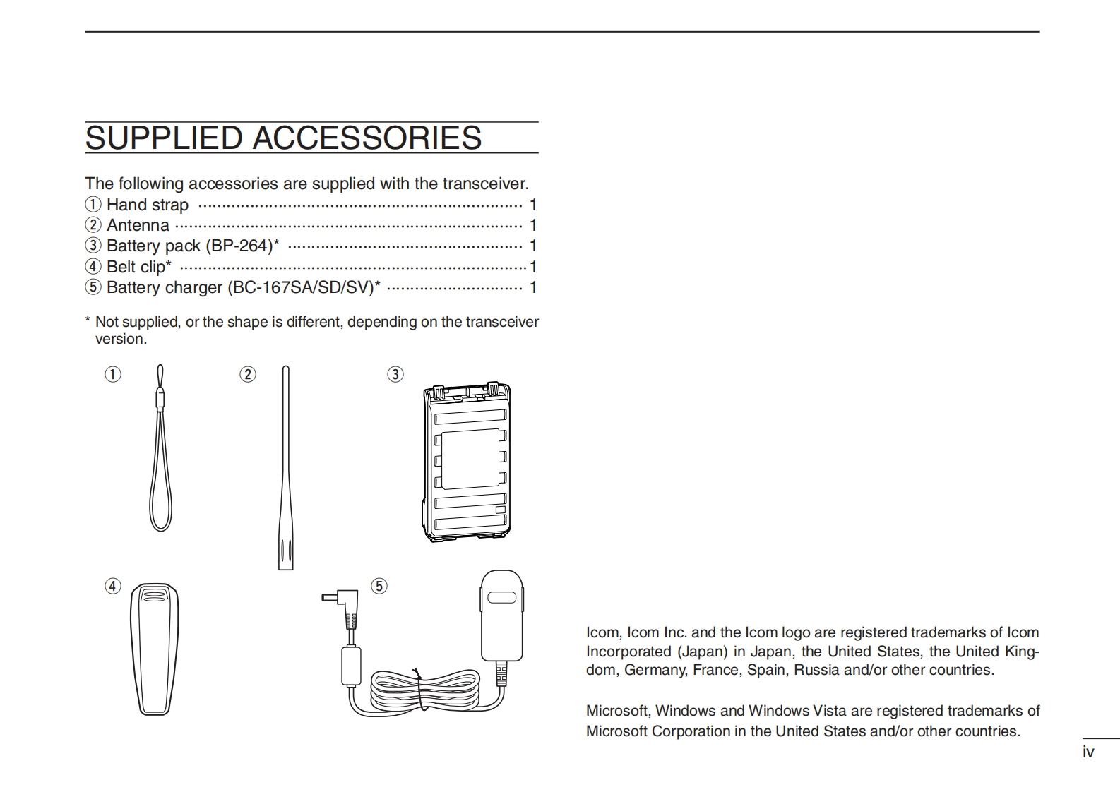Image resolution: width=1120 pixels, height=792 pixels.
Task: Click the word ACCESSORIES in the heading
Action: point(367,138)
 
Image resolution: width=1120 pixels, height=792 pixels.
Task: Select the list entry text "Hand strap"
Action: point(147,205)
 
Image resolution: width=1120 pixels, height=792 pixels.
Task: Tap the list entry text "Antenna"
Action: point(138,226)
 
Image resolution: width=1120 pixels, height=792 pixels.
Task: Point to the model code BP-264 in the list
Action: point(241,246)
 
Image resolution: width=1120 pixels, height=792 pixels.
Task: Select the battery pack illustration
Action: point(467,462)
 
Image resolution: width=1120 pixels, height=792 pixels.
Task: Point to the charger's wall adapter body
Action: point(502,614)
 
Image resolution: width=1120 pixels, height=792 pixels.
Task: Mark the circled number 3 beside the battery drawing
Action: point(395,374)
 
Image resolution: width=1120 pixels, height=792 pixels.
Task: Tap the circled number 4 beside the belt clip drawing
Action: point(113,586)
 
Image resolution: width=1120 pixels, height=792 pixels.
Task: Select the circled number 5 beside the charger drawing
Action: point(379,586)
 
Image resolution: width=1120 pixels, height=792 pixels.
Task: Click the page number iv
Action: point(1088,752)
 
